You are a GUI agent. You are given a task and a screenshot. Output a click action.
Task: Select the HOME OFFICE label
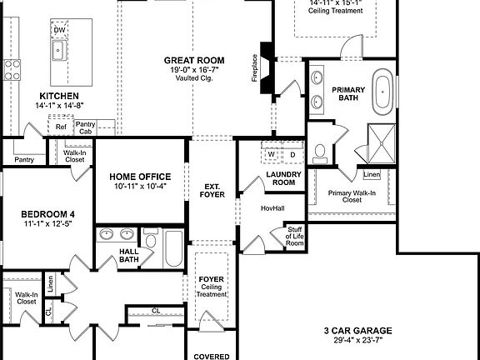[x=141, y=177]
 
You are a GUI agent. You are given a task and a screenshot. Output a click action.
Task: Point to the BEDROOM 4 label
[x=47, y=214]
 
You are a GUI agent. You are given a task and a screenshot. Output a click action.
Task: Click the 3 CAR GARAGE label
[x=357, y=331]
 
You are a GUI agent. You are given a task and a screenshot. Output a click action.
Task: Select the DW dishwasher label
[x=59, y=31]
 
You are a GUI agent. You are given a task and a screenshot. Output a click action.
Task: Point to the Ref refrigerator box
[x=61, y=127]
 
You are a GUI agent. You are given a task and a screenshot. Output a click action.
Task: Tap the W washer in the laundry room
[x=271, y=155]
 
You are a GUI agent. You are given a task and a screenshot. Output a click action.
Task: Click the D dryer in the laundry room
[x=292, y=155]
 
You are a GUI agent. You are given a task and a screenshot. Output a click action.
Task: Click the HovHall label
[x=272, y=208]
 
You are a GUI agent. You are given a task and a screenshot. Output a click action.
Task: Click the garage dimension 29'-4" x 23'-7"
[x=357, y=341]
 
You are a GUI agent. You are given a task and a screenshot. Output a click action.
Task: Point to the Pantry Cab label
[x=86, y=127]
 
